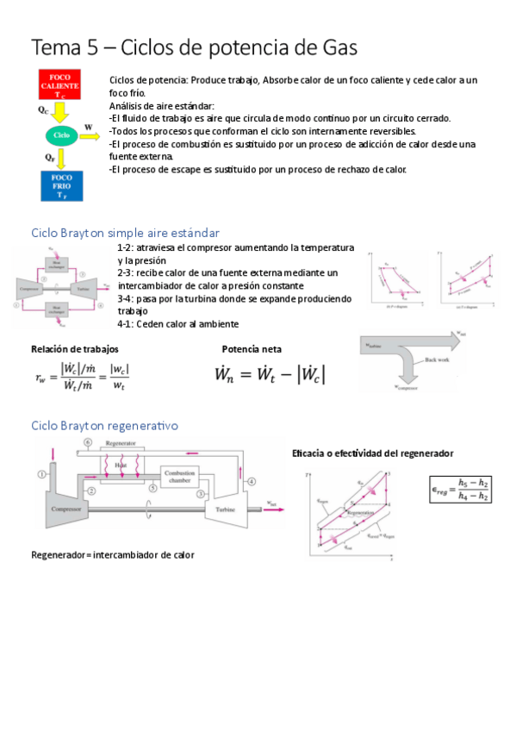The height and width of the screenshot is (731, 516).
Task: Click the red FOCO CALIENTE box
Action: (x=60, y=83)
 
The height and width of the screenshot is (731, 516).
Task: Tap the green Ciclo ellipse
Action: (x=61, y=135)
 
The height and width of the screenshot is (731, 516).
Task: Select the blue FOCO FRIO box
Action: (x=60, y=185)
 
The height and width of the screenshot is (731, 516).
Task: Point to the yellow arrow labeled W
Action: (x=90, y=135)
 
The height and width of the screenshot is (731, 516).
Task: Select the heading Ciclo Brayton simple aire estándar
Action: (x=125, y=233)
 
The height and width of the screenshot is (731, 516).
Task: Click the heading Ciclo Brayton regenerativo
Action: (x=104, y=425)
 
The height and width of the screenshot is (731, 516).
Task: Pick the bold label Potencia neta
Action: (x=252, y=349)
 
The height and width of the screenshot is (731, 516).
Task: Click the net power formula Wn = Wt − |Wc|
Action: (x=270, y=375)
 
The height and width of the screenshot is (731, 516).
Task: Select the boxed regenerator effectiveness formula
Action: (x=461, y=489)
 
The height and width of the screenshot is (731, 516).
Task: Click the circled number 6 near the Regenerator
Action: (x=88, y=442)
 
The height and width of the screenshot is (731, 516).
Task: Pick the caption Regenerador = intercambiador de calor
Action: (x=113, y=554)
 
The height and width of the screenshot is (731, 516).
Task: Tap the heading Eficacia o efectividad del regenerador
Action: (x=373, y=453)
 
